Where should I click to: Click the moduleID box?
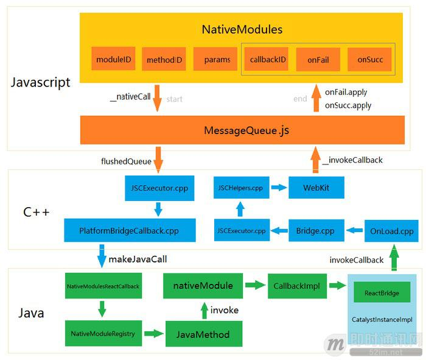(x=114, y=59)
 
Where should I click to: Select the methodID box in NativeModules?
(x=164, y=60)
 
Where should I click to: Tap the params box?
(x=217, y=59)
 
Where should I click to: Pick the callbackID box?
(x=268, y=59)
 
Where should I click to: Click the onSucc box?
(x=369, y=59)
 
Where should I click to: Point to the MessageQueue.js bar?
(x=242, y=130)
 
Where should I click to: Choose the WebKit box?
(x=316, y=188)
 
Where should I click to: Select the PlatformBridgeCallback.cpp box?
(x=130, y=231)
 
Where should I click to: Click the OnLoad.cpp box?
(x=391, y=231)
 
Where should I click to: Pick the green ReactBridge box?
(x=382, y=292)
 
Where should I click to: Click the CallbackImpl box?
(x=293, y=285)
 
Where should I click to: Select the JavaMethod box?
(x=203, y=334)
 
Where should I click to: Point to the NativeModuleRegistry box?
(x=103, y=333)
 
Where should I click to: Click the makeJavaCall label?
(x=137, y=259)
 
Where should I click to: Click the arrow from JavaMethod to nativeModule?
(x=204, y=310)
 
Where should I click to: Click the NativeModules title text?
(x=242, y=29)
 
